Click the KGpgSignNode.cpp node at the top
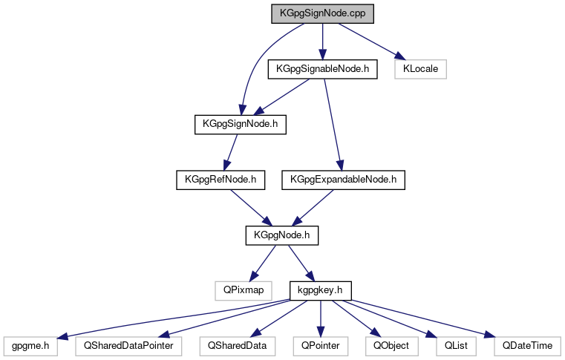(321, 13)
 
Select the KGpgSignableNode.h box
(321, 69)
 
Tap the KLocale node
(421, 69)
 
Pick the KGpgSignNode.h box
(240, 124)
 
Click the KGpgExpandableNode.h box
(344, 179)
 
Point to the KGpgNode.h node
(281, 235)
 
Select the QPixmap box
(240, 289)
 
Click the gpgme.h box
(30, 345)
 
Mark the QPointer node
(321, 345)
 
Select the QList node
(451, 345)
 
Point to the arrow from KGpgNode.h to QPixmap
(264, 261)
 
